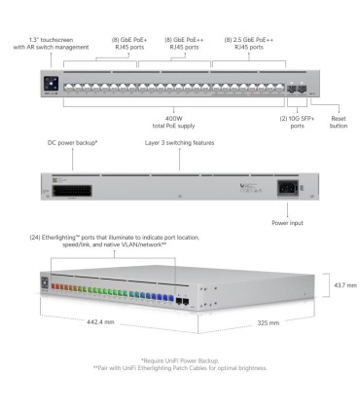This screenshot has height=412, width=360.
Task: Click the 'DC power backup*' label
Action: click(73, 142)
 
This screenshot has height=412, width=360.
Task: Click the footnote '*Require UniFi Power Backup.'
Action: click(180, 360)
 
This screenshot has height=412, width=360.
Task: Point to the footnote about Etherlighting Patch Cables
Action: click(180, 368)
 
